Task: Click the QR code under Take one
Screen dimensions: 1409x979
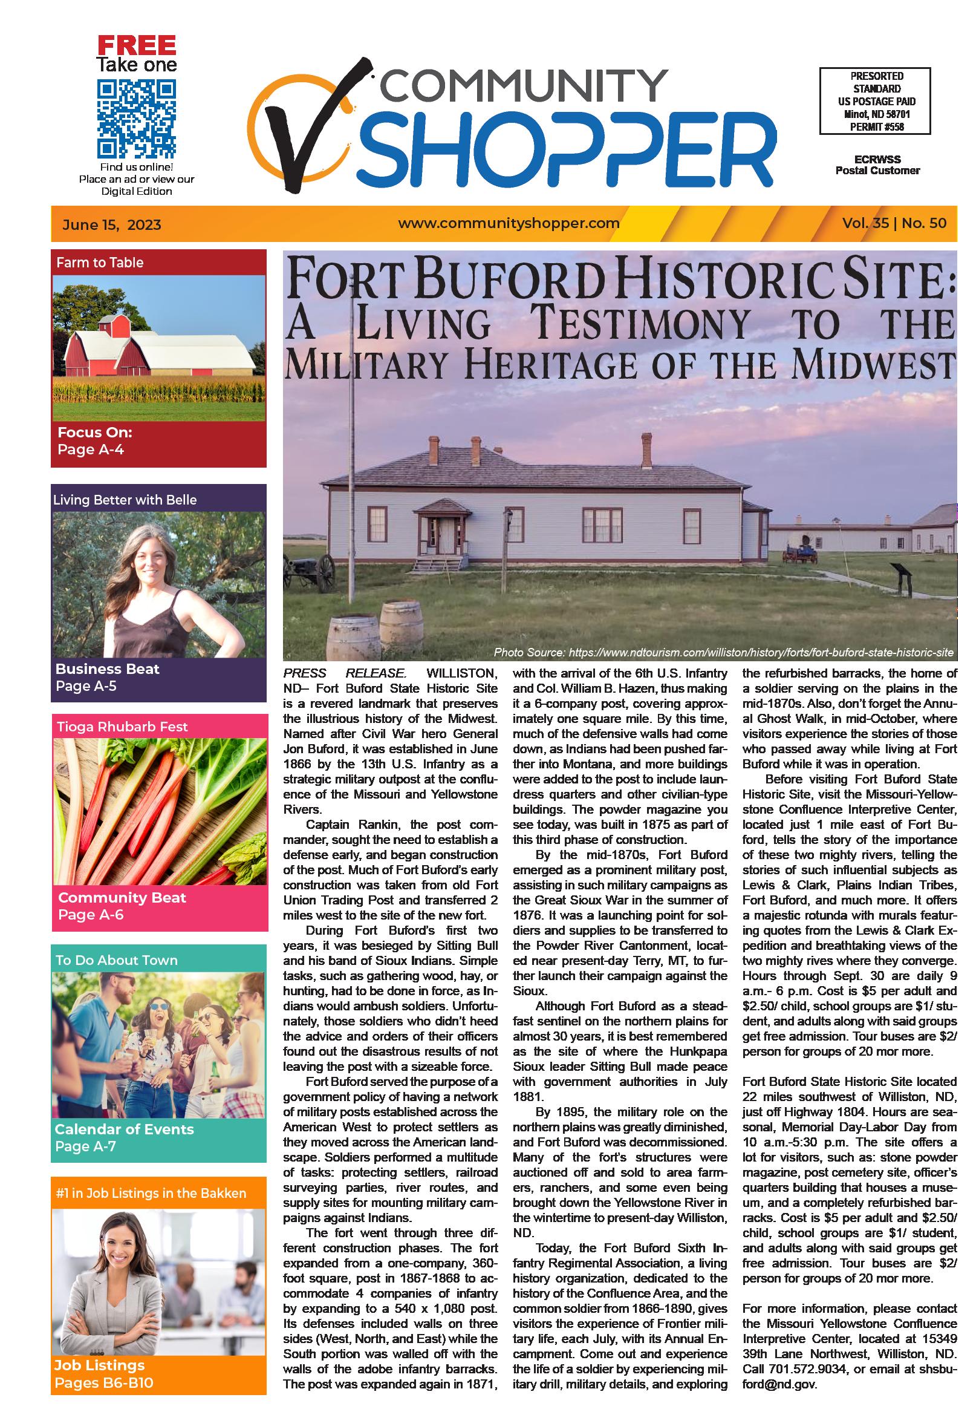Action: point(136,119)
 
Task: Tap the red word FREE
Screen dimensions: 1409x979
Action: point(137,45)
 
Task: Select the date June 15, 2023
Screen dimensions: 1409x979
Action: point(112,224)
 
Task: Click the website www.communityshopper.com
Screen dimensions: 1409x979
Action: point(509,223)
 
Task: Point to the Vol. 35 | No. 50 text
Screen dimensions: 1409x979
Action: point(894,223)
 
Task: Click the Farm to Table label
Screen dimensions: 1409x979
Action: point(100,263)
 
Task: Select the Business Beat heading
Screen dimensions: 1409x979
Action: point(108,669)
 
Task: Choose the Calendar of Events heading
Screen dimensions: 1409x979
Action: point(124,1129)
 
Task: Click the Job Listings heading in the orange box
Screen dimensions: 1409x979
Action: point(99,1365)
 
